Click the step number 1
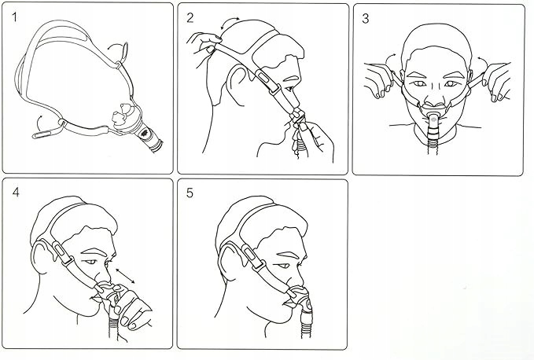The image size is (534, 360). tap(14, 17)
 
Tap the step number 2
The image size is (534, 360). tap(190, 18)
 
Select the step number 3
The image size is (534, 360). tap(366, 19)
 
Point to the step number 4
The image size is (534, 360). tap(16, 193)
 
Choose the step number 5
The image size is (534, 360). tap(190, 193)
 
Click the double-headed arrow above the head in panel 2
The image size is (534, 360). tap(229, 20)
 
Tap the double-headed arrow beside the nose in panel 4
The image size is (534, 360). tap(125, 276)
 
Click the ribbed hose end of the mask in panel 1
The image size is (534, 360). tap(155, 144)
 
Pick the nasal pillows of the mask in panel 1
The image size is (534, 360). tap(123, 113)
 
